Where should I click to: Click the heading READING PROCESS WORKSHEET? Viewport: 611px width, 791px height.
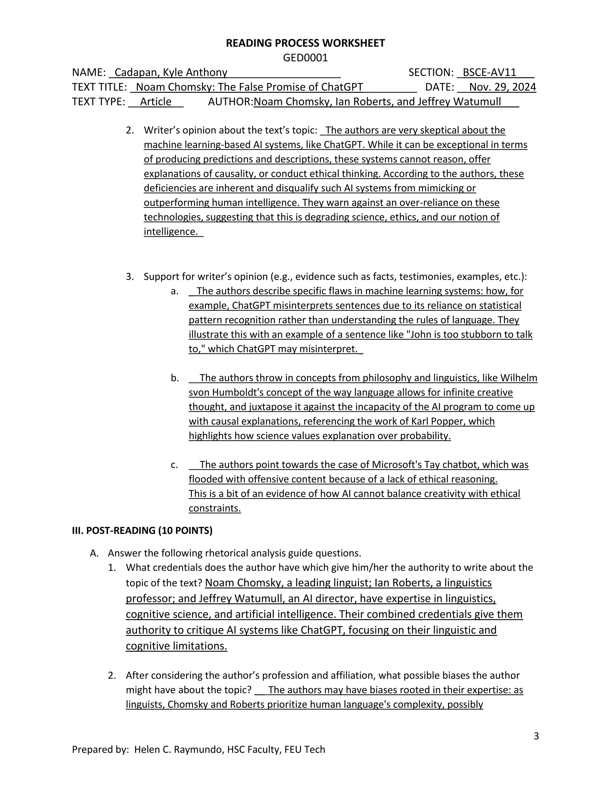coord(305,43)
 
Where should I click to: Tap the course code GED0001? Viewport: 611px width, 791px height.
coord(305,58)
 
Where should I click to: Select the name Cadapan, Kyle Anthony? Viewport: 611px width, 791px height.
coord(171,73)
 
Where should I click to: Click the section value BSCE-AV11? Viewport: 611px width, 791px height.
coord(489,73)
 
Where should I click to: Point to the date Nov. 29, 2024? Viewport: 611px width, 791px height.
coord(502,87)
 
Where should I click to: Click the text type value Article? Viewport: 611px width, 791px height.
coord(156,101)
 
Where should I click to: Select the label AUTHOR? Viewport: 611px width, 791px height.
coord(231,101)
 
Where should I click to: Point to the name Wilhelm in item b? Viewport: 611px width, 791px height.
coord(519,378)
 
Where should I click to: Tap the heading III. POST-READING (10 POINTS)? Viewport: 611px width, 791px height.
coord(142,531)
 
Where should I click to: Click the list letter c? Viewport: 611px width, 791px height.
coord(174,465)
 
